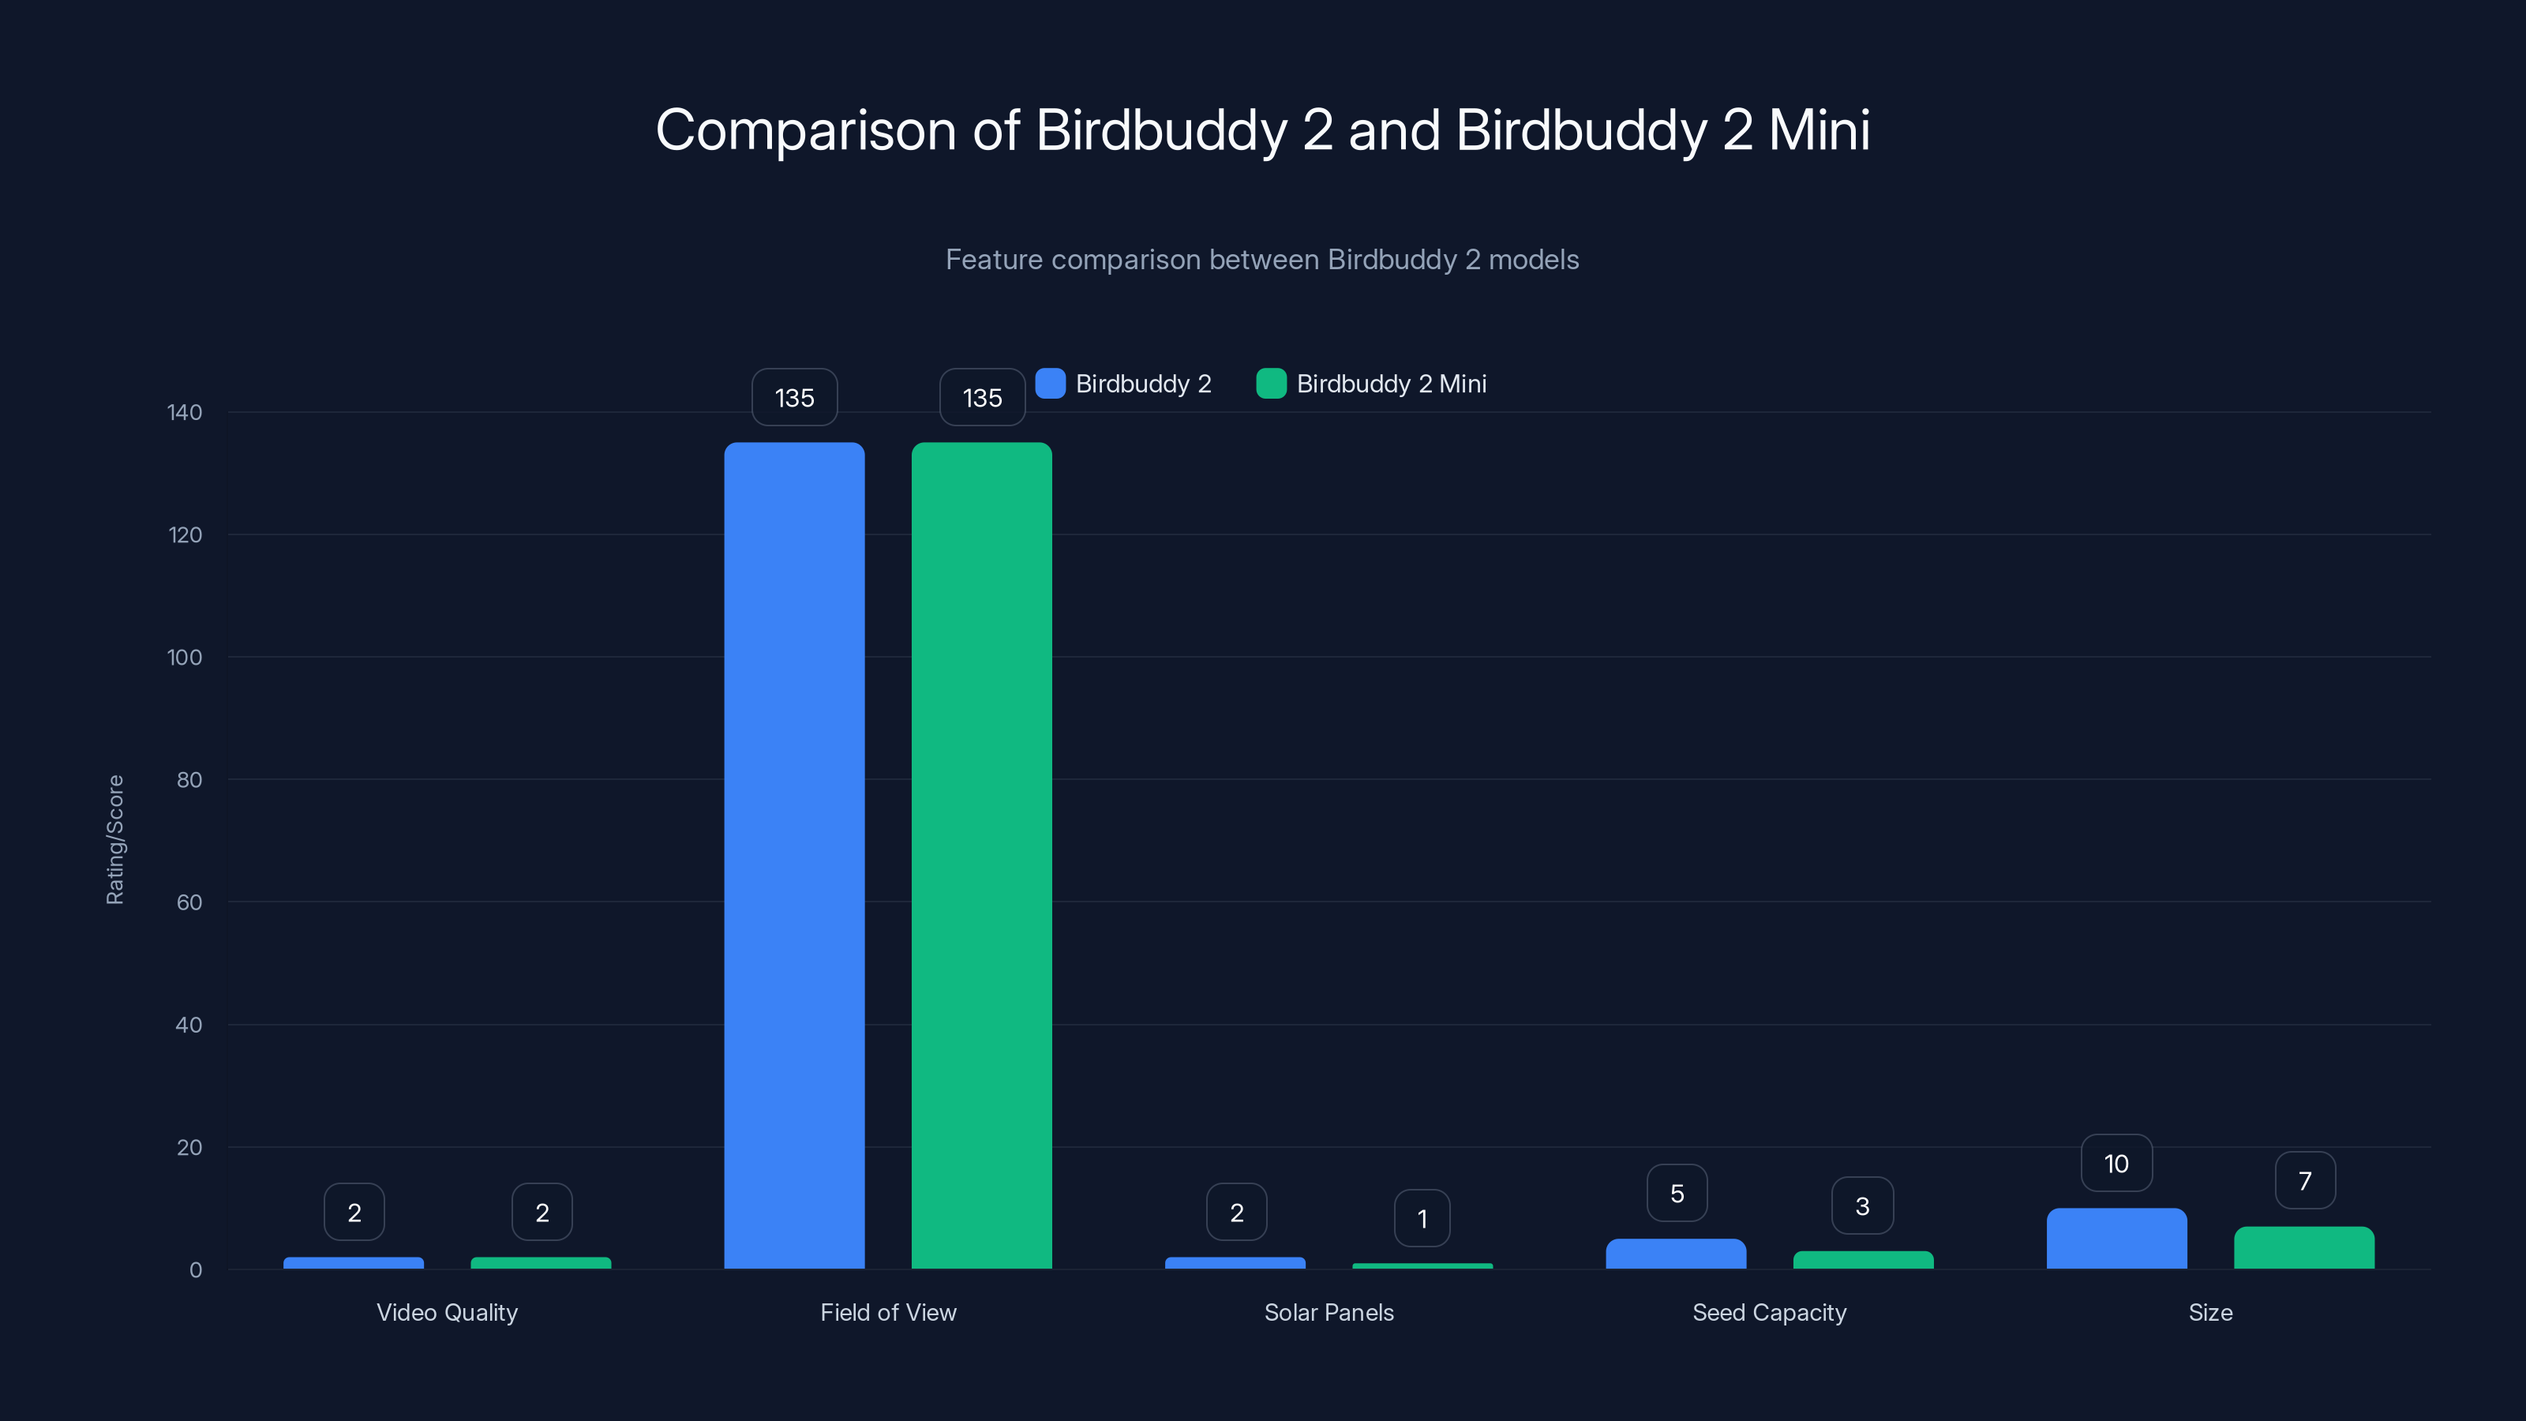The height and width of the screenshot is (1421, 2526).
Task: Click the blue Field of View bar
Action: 794,855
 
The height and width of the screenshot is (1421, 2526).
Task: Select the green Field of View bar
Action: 981,855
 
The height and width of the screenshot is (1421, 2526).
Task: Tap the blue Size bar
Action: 2116,1239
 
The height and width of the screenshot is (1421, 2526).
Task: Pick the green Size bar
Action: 2303,1247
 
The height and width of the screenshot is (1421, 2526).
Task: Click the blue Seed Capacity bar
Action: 1676,1254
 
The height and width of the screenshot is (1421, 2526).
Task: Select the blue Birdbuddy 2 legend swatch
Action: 1050,384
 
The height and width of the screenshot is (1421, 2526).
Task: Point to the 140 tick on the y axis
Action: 185,412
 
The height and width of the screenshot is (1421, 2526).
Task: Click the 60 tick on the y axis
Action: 189,902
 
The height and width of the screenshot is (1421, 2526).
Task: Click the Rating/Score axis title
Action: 114,839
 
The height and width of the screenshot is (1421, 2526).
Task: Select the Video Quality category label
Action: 447,1312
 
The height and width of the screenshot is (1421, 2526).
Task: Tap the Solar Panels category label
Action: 1329,1312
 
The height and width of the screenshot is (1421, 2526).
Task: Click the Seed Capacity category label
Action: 1769,1312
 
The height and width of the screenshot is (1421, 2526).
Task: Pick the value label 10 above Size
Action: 2116,1163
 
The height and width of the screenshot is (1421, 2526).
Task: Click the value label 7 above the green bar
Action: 2304,1181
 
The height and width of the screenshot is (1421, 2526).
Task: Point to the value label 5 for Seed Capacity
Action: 1677,1194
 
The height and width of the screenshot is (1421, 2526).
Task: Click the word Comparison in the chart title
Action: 805,130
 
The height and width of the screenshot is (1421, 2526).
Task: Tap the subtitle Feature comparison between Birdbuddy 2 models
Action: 1262,260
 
